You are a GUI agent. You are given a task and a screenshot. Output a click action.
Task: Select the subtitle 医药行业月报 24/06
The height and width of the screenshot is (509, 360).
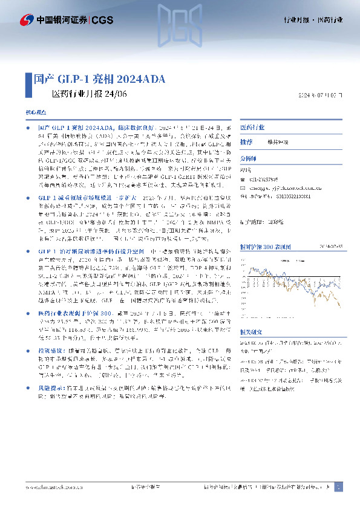tap(88, 94)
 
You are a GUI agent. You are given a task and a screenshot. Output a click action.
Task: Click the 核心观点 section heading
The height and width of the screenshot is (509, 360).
tap(34, 113)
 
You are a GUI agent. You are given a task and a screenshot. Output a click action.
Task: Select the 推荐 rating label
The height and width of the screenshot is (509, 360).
tap(246, 142)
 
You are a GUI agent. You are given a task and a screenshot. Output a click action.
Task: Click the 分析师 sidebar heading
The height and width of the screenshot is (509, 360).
tap(249, 159)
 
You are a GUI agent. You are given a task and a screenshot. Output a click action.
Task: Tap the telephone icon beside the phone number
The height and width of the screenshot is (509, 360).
tap(243, 180)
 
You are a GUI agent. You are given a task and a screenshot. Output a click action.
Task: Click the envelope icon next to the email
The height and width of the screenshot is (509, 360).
tap(243, 187)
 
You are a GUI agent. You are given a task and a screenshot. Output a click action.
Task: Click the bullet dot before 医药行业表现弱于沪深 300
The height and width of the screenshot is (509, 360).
tap(29, 313)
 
